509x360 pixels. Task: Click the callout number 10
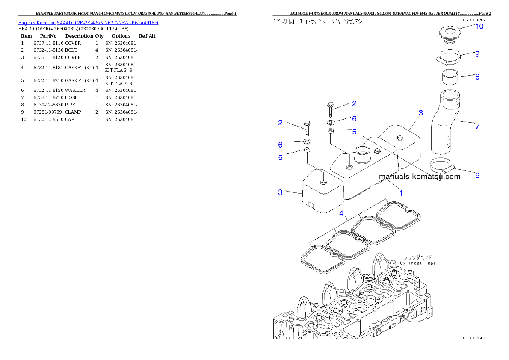tap(479, 26)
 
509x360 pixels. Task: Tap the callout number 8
tap(477, 77)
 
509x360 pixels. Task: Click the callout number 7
tap(477, 126)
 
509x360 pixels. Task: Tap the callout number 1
tap(401, 193)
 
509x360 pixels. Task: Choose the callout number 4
tap(341, 213)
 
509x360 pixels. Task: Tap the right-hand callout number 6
tap(354, 119)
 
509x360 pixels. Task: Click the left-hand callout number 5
tap(280, 158)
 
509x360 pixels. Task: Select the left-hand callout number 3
tap(280, 192)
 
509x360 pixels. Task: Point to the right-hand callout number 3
tap(420, 113)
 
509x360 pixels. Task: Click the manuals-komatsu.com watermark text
tap(419, 176)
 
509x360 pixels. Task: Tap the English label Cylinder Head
tap(418, 263)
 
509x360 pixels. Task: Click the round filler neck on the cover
tap(361, 153)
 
